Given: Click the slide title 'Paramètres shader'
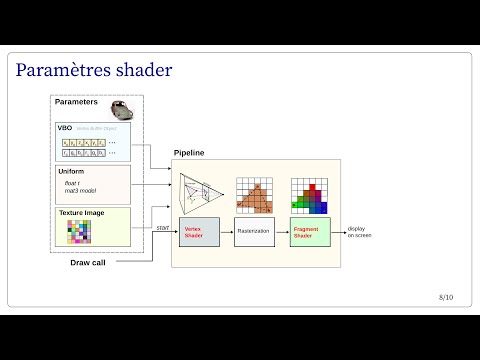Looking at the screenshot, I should click(x=94, y=70).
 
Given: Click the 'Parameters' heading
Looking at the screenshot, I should click(x=76, y=102).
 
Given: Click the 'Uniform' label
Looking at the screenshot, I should click(x=72, y=172).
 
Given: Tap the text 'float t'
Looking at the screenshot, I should click(x=73, y=183).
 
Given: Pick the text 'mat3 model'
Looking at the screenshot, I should click(x=80, y=192).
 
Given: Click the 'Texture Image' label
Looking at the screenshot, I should click(x=81, y=213).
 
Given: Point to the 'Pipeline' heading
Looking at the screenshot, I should click(x=190, y=152).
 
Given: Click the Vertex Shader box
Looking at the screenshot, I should click(x=199, y=231).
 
